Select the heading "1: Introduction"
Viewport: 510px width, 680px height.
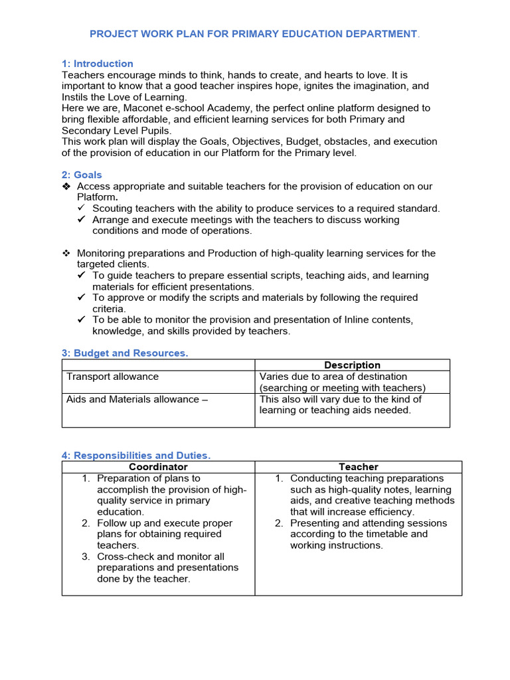coord(97,64)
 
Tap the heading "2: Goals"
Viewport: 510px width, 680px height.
coord(82,175)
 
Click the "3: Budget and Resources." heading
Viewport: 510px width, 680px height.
coord(125,353)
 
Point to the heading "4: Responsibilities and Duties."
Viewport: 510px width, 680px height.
coord(135,456)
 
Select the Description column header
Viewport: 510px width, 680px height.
coord(352,365)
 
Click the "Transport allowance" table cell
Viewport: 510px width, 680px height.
coord(112,377)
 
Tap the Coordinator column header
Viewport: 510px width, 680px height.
coord(158,467)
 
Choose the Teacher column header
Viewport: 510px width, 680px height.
coord(359,467)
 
